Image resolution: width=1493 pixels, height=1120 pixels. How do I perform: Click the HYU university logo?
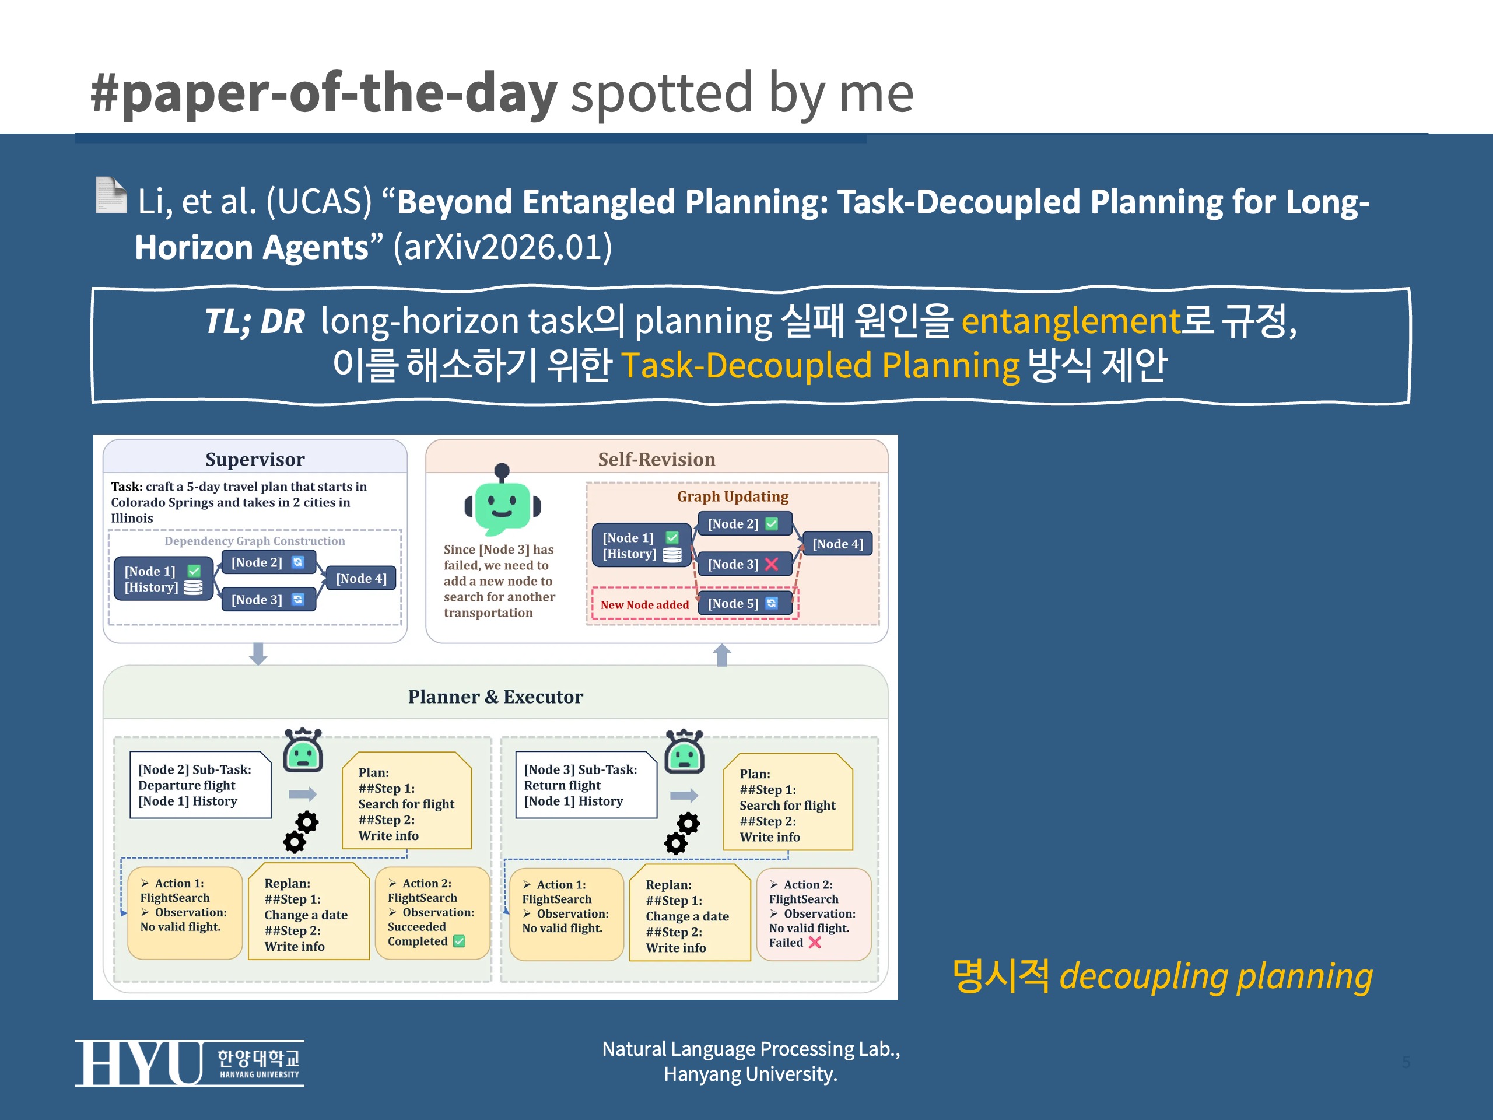click(x=188, y=1063)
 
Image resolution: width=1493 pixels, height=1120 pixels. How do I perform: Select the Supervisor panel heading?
click(x=254, y=459)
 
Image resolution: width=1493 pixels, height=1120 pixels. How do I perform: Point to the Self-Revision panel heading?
click(x=656, y=459)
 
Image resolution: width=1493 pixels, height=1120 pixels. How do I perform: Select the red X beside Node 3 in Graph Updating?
click(x=772, y=563)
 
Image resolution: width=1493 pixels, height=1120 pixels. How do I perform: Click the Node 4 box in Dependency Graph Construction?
click(x=361, y=578)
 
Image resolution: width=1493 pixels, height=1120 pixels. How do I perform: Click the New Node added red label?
click(x=644, y=604)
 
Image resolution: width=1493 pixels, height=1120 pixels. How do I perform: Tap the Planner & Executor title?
click(x=495, y=696)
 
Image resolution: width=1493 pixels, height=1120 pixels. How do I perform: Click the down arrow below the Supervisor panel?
click(x=258, y=653)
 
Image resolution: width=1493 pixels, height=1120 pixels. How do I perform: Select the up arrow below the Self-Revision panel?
click(x=721, y=654)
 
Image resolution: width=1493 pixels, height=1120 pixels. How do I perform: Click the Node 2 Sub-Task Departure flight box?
click(x=200, y=785)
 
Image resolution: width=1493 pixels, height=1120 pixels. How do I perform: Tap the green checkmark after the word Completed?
click(x=459, y=941)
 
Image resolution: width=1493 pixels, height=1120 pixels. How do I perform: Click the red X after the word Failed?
click(x=815, y=943)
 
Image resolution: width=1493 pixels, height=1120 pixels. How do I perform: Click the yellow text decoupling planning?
click(x=1215, y=976)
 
